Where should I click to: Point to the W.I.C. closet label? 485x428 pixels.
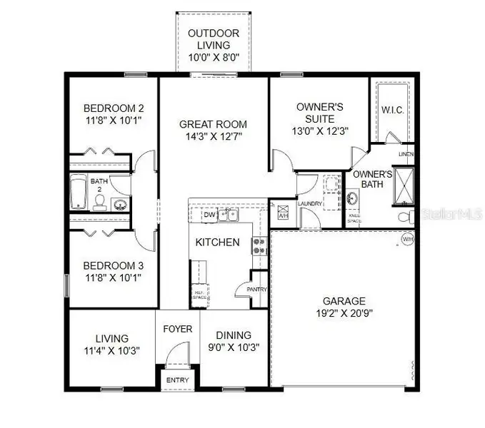pos(393,110)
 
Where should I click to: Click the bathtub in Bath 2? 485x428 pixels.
pos(79,193)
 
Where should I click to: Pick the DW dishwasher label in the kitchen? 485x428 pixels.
pos(209,215)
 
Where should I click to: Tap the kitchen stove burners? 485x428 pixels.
pos(259,246)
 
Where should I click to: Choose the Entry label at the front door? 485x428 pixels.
pos(177,380)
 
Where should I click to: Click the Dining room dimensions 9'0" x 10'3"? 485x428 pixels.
pos(234,347)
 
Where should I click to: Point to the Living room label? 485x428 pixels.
pos(112,338)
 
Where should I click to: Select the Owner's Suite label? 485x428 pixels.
pos(320,107)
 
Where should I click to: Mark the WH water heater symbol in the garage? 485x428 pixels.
pos(407,238)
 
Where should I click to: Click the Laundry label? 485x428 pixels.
pos(311,204)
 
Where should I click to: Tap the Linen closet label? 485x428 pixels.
pos(406,154)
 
